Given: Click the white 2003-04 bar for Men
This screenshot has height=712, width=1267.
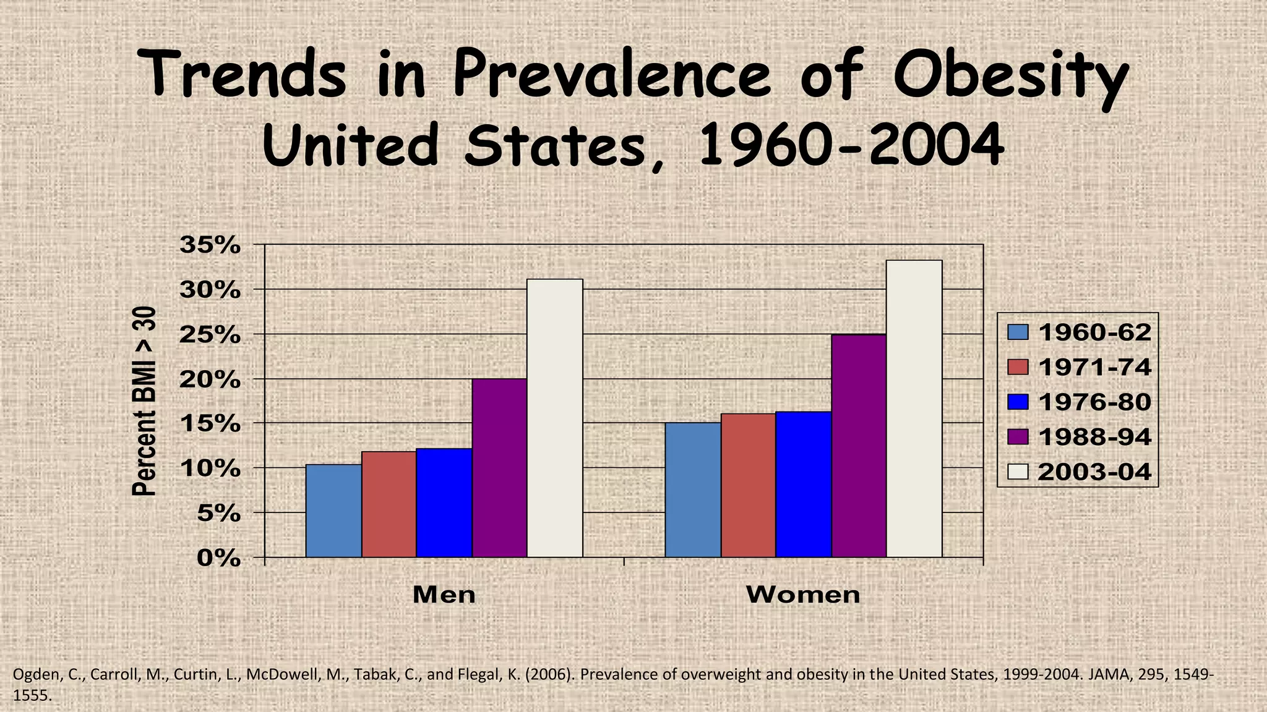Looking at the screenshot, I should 554,418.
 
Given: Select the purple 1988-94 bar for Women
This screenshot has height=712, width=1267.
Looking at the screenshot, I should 859,446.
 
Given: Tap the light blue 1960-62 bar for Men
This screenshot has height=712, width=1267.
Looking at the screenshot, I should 333,511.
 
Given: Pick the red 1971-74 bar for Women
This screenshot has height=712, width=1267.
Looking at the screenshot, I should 748,485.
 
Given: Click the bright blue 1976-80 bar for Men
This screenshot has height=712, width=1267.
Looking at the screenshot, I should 444,502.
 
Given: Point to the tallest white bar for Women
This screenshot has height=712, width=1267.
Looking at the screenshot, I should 914,409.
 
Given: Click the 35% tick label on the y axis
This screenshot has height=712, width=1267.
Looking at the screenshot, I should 210,245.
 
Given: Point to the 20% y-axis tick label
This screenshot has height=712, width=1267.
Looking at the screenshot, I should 210,379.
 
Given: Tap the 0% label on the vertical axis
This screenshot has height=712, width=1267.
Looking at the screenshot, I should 218,558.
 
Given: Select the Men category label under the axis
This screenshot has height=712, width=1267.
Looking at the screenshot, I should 444,595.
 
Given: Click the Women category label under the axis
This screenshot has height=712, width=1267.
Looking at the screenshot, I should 803,595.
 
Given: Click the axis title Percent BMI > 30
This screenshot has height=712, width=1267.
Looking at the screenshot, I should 144,401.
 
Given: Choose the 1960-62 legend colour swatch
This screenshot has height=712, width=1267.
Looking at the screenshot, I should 1018,333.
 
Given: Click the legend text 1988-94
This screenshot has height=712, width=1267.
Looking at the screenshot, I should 1094,437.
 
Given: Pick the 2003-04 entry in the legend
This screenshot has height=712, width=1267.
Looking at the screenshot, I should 1094,472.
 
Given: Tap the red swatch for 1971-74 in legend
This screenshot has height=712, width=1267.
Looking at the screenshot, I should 1018,367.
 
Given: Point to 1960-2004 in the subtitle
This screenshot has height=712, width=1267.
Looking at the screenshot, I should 851,146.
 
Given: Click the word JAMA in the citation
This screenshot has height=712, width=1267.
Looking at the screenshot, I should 1107,674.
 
